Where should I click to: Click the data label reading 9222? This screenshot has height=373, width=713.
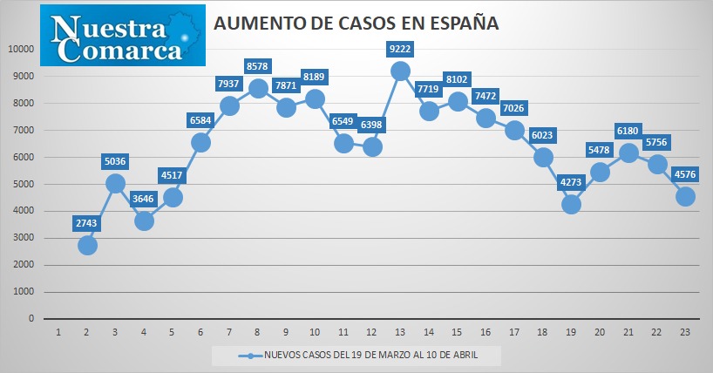pyautogui.click(x=400, y=49)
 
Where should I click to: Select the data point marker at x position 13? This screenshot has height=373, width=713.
pyautogui.click(x=400, y=71)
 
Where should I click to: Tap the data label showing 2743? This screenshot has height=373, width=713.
pyautogui.click(x=86, y=223)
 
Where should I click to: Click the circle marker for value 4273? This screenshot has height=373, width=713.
pyautogui.click(x=571, y=205)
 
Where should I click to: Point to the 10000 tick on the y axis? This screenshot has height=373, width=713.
pyautogui.click(x=22, y=49)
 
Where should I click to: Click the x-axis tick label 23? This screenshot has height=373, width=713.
pyautogui.click(x=685, y=333)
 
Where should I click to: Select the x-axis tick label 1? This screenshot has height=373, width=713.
pyautogui.click(x=58, y=333)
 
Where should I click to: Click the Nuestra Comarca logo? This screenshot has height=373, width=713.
pyautogui.click(x=123, y=36)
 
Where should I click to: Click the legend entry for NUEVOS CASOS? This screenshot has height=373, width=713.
pyautogui.click(x=358, y=355)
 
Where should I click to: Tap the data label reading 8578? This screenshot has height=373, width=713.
pyautogui.click(x=257, y=66)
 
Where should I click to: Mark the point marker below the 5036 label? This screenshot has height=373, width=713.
pyautogui.click(x=115, y=184)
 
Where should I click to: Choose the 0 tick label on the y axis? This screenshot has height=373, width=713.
pyautogui.click(x=31, y=318)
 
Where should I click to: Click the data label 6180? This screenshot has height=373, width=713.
pyautogui.click(x=628, y=131)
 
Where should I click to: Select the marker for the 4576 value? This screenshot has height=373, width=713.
pyautogui.click(x=685, y=196)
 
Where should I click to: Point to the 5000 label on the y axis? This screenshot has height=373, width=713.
pyautogui.click(x=24, y=184)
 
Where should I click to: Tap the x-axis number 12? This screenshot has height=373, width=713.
pyautogui.click(x=371, y=333)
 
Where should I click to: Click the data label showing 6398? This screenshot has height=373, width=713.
pyautogui.click(x=371, y=124)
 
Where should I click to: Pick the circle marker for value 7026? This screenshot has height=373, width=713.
pyautogui.click(x=514, y=131)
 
